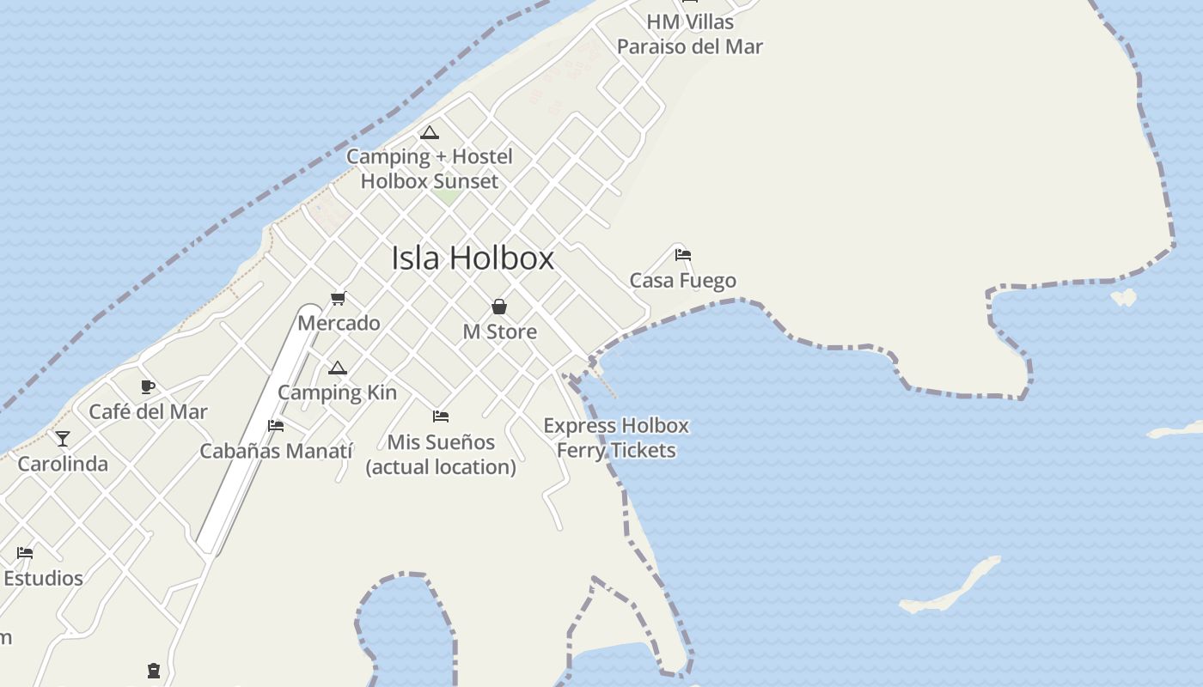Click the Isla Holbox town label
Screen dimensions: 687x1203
[x=473, y=258]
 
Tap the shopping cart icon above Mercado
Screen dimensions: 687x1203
[x=338, y=299]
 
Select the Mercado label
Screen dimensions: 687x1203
[x=339, y=323]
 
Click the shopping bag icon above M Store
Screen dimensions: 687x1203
[x=498, y=307]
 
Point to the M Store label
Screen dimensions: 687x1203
[x=499, y=331]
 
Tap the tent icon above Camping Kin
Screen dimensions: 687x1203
[x=338, y=368]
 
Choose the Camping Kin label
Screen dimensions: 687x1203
[x=337, y=392]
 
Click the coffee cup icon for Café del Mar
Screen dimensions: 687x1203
[x=148, y=386]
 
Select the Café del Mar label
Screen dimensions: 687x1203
[x=149, y=411]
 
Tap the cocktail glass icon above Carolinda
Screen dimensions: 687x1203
[x=63, y=439]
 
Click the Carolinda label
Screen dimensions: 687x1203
[x=63, y=464]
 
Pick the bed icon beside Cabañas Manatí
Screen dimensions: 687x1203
[x=276, y=425]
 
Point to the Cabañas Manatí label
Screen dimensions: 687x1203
[x=277, y=450]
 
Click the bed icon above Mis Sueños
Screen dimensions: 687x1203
[x=441, y=416]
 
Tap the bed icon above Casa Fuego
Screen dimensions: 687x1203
[x=683, y=255]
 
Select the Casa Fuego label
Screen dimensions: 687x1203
[x=683, y=280]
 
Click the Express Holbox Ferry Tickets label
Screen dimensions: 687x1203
[x=616, y=437]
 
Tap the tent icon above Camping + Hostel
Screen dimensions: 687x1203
[x=430, y=132]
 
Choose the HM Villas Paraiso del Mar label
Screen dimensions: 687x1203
[x=689, y=33]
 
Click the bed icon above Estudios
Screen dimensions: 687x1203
[x=25, y=553]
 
